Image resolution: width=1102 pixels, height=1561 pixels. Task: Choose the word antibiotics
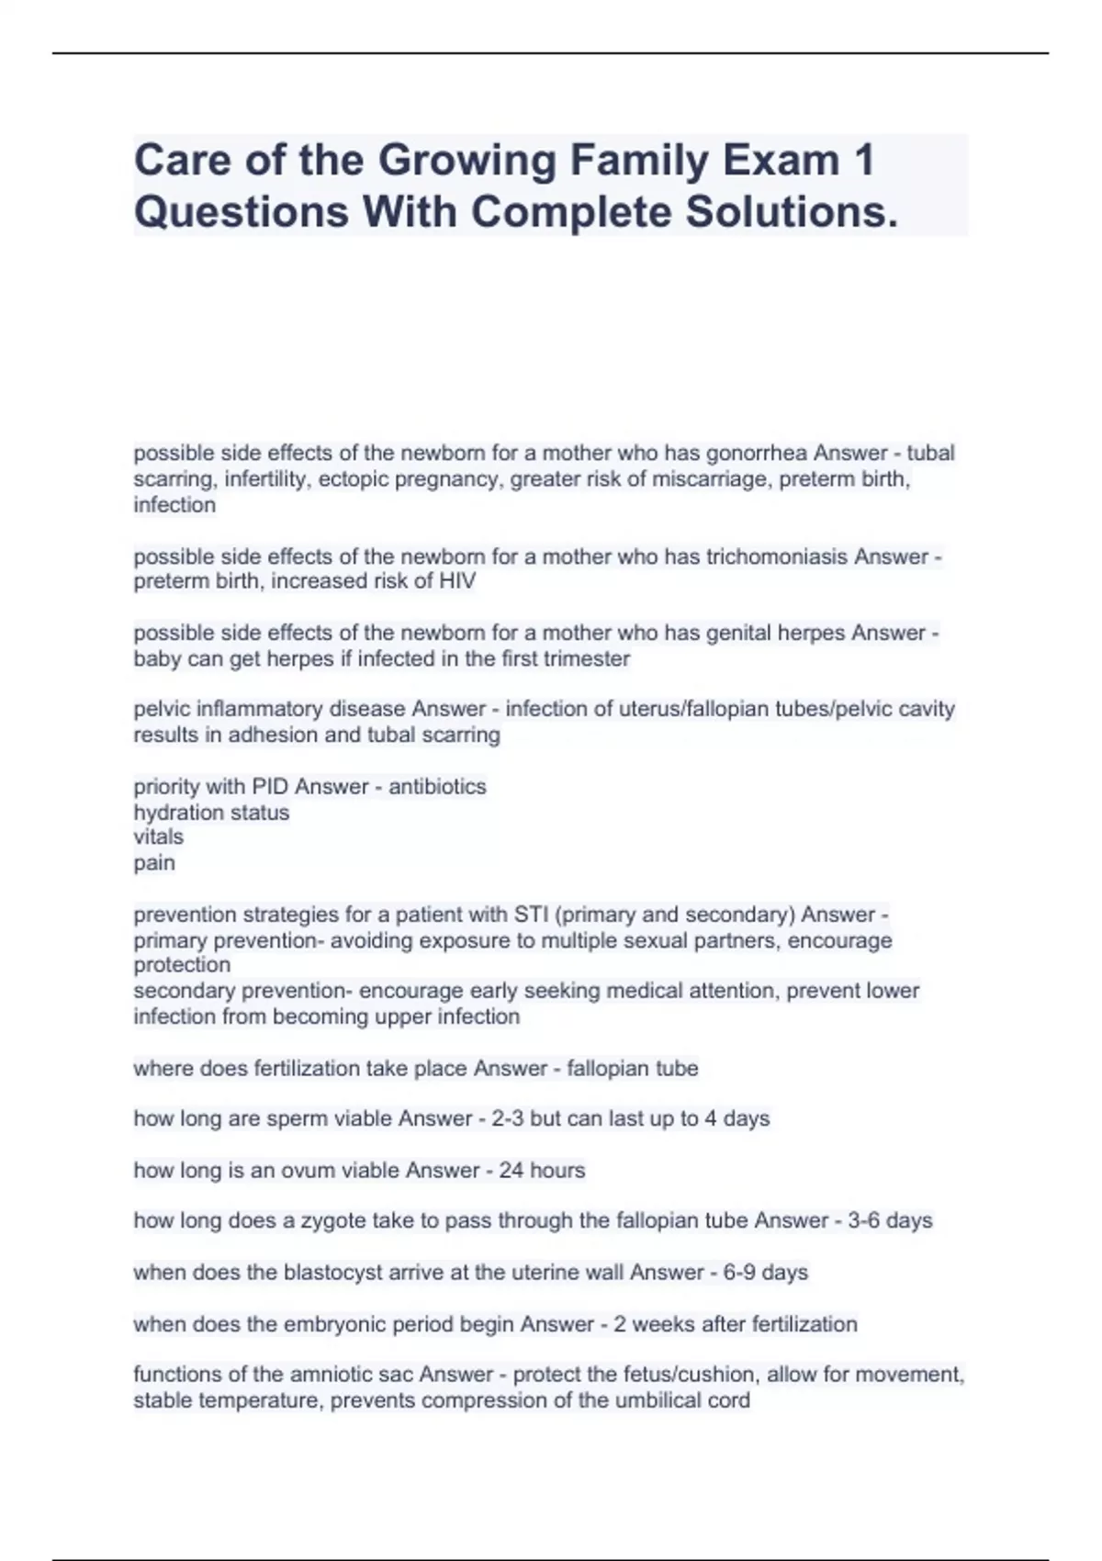(x=437, y=786)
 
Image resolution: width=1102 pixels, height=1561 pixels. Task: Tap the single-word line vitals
(x=158, y=837)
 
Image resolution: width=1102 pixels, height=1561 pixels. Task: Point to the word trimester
(x=587, y=658)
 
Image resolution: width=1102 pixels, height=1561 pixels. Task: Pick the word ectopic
(x=353, y=478)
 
